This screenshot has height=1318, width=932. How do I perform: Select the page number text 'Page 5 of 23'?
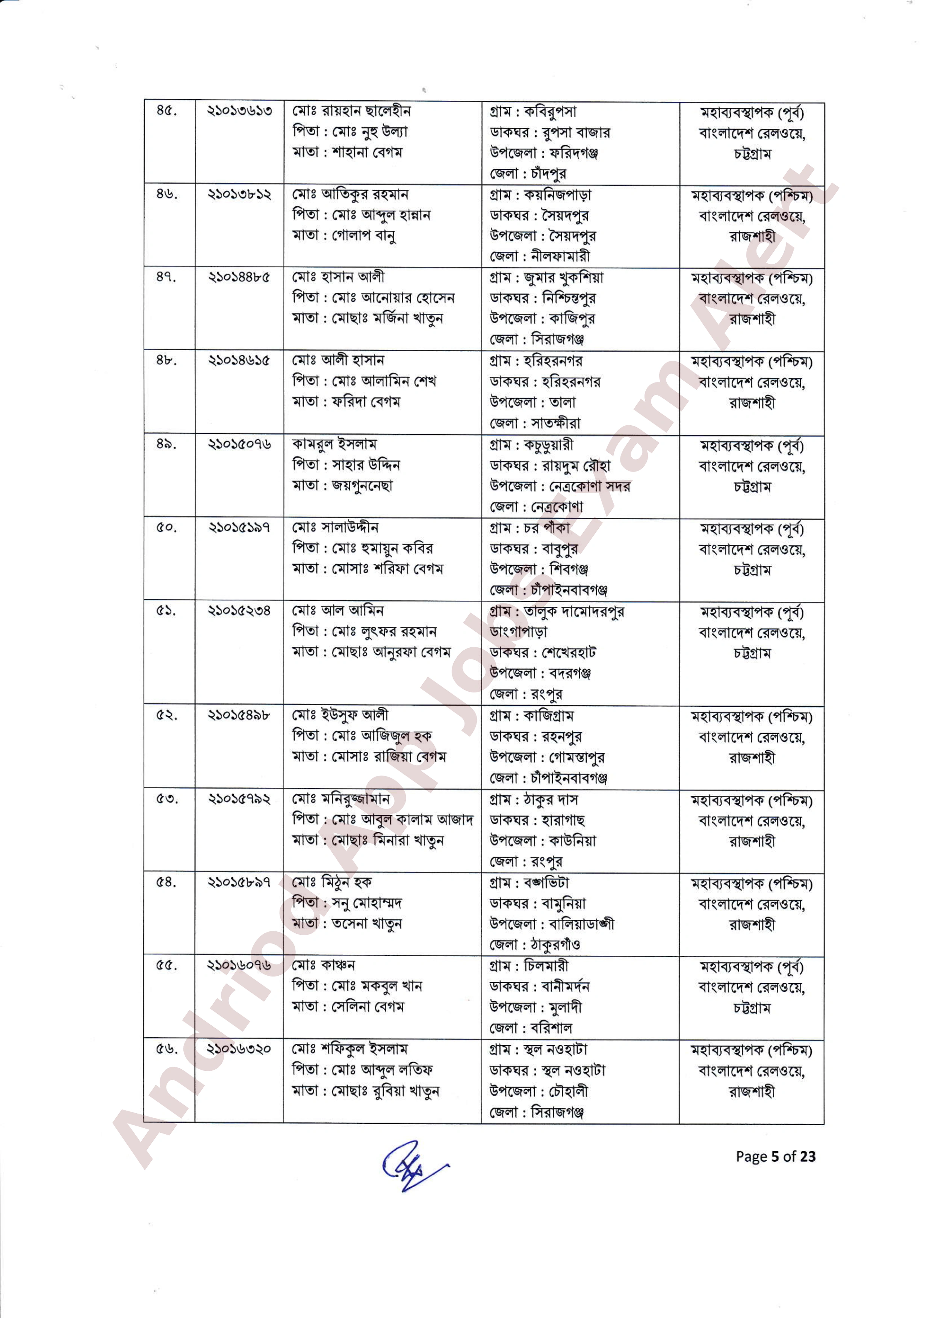(x=775, y=1156)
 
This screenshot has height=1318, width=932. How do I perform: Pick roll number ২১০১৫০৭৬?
(x=239, y=444)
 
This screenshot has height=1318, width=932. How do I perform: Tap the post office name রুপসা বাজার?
(x=576, y=133)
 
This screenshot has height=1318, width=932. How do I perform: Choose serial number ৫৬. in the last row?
(x=166, y=1049)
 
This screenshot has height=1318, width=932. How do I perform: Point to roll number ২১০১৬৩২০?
(x=239, y=1049)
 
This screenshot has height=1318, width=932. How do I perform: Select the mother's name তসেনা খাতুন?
(x=366, y=924)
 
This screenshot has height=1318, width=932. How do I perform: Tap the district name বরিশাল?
(x=551, y=1028)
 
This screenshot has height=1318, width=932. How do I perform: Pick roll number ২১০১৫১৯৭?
(x=239, y=527)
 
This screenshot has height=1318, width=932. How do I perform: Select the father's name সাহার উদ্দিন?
(x=366, y=464)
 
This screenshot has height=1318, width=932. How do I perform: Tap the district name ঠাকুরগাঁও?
(x=555, y=944)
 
